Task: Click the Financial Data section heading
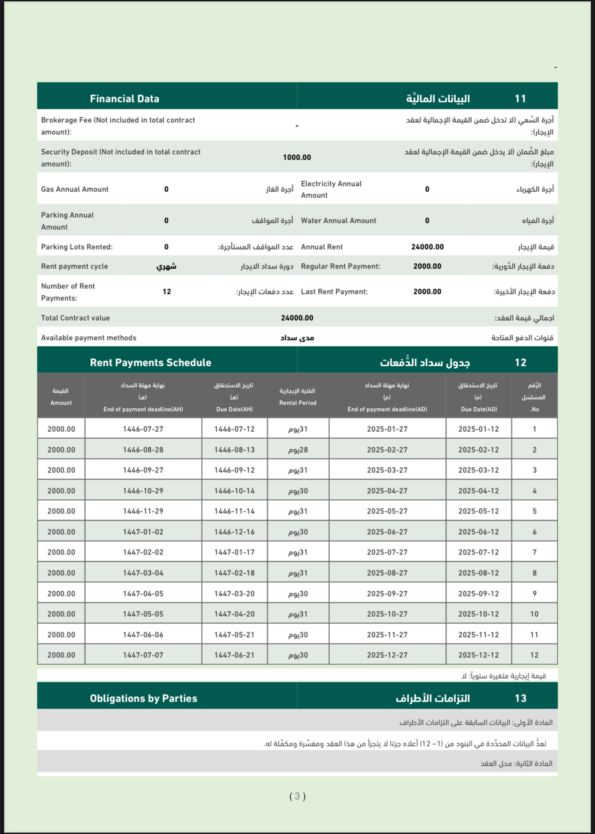pyautogui.click(x=125, y=99)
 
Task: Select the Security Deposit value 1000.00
pyautogui.click(x=297, y=157)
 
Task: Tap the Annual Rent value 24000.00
pyautogui.click(x=427, y=247)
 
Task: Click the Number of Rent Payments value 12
pyautogui.click(x=167, y=292)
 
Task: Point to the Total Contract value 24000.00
pyautogui.click(x=297, y=318)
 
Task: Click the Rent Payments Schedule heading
pyautogui.click(x=150, y=363)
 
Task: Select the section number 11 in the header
pyautogui.click(x=520, y=99)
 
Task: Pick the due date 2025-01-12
pyautogui.click(x=478, y=429)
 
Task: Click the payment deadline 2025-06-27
pyautogui.click(x=387, y=532)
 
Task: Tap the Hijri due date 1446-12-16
pyautogui.click(x=234, y=532)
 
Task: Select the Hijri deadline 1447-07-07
pyautogui.click(x=143, y=655)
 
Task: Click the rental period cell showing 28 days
pyautogui.click(x=298, y=450)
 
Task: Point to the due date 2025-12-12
pyautogui.click(x=478, y=655)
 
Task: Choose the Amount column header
pyautogui.click(x=61, y=397)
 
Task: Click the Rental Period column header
pyautogui.click(x=298, y=397)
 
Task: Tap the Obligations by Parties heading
pyautogui.click(x=143, y=698)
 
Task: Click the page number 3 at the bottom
pyautogui.click(x=297, y=796)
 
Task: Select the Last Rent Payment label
pyautogui.click(x=334, y=292)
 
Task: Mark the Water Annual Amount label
pyautogui.click(x=339, y=220)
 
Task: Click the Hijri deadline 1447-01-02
pyautogui.click(x=143, y=532)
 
